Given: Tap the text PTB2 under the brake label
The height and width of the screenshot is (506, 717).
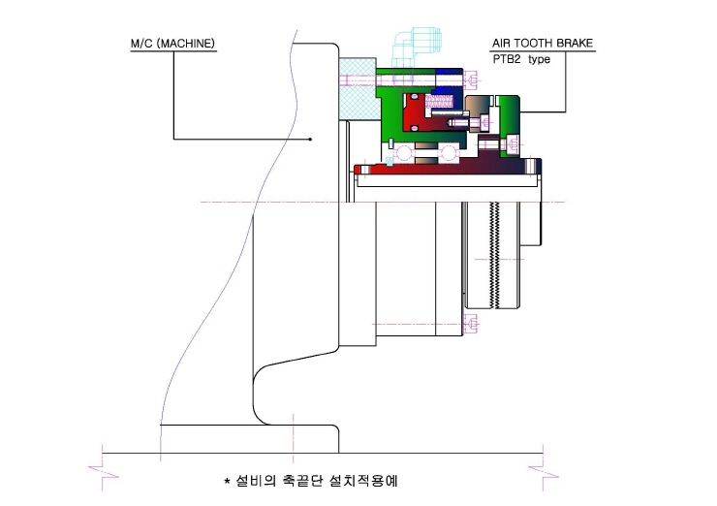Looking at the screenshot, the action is click(507, 59).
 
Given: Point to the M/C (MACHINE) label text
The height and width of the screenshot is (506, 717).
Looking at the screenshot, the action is click(172, 44).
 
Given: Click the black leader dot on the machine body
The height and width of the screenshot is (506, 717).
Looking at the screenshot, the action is click(310, 139).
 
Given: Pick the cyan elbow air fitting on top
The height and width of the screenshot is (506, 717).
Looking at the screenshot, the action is click(416, 45).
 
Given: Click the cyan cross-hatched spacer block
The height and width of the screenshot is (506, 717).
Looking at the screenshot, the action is click(358, 89).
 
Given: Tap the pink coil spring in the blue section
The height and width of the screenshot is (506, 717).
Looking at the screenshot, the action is click(439, 101).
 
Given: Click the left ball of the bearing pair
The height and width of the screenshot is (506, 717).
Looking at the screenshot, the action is click(404, 152).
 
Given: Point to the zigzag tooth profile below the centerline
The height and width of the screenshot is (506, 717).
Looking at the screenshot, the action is click(494, 255).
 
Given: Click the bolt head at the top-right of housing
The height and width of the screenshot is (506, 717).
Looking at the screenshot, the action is click(473, 80).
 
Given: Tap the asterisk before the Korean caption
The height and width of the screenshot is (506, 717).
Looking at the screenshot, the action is click(227, 482).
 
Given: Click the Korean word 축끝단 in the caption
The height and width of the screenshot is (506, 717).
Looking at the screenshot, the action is click(302, 481).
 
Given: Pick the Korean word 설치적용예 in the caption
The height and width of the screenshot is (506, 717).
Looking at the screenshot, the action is click(363, 481).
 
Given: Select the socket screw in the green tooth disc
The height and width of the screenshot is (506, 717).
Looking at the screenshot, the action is click(513, 144).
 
